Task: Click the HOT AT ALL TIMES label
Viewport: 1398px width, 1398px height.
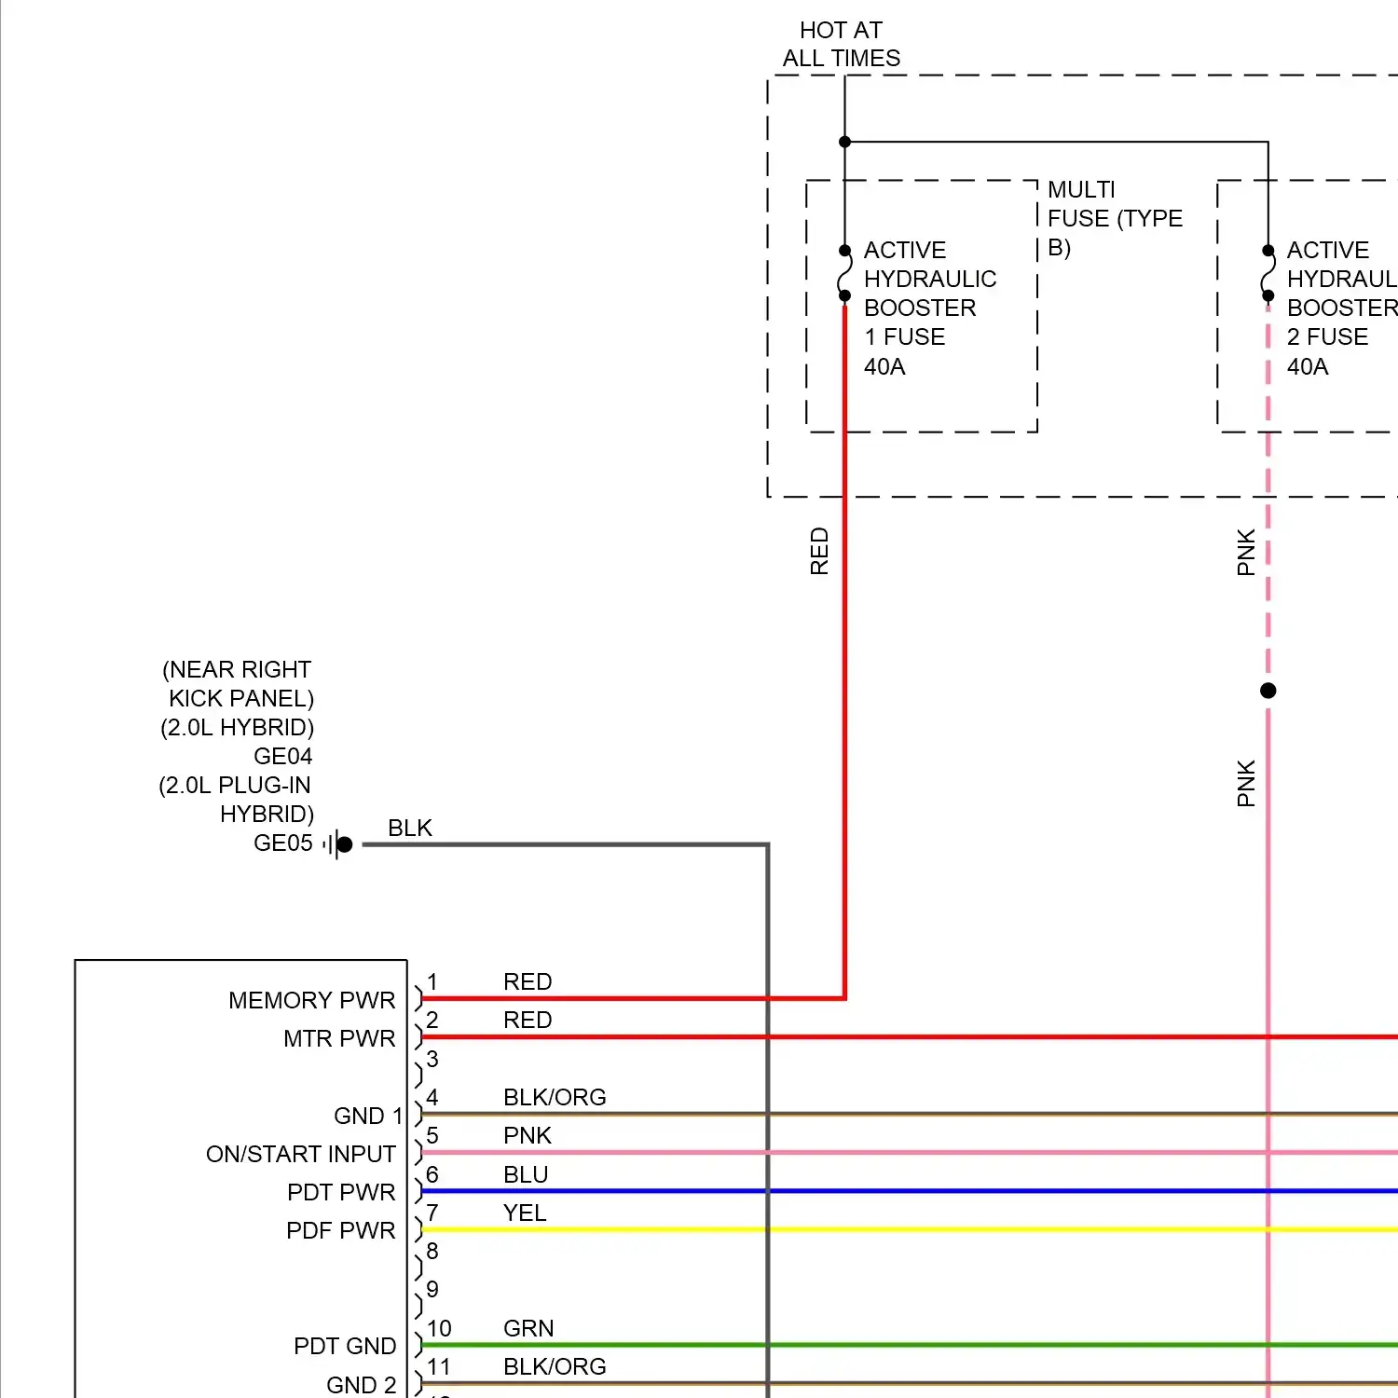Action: [x=841, y=45]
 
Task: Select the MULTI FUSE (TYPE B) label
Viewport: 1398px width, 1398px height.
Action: [x=1114, y=218]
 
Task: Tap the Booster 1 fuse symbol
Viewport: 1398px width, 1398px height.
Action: [x=844, y=273]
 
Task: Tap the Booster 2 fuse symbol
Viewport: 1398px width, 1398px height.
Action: [x=1268, y=273]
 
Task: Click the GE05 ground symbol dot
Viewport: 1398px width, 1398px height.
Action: [x=344, y=844]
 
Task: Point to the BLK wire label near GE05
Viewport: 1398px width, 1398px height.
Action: [x=409, y=828]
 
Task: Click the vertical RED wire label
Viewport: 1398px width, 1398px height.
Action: [x=819, y=551]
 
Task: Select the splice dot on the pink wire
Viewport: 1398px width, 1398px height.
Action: [x=1268, y=691]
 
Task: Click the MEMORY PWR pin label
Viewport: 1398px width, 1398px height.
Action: [x=311, y=1000]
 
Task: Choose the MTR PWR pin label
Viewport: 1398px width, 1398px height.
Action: [x=339, y=1038]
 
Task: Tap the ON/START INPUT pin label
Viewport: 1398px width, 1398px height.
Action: [x=300, y=1154]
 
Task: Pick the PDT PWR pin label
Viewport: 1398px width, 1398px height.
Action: [x=341, y=1192]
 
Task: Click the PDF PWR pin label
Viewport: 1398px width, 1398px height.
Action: [x=341, y=1230]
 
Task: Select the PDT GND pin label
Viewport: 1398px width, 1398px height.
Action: [x=344, y=1346]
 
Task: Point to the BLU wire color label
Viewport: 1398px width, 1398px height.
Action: [x=526, y=1174]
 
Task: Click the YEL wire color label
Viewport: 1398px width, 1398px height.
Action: [x=525, y=1213]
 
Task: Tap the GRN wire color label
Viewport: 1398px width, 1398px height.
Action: [x=528, y=1328]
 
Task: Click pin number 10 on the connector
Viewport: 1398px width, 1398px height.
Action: [x=439, y=1328]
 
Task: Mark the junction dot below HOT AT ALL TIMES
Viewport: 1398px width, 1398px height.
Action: [x=844, y=142]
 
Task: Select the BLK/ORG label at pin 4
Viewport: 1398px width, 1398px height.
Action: [x=555, y=1097]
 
